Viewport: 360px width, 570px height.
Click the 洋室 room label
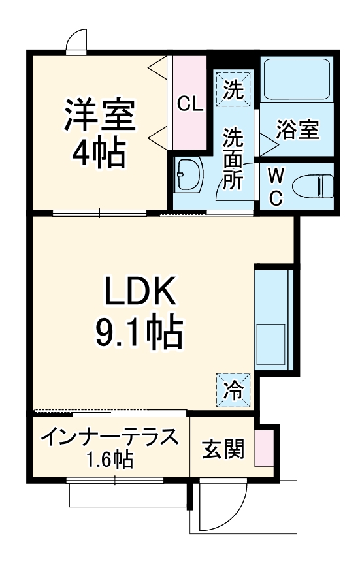pos(99,115)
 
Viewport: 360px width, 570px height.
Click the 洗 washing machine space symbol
pos(233,87)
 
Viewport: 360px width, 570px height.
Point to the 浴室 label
pos(297,130)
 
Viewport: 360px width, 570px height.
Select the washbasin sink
pos(189,175)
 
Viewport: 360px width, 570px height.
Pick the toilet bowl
pos(311,186)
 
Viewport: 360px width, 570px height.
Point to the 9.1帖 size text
pos(139,333)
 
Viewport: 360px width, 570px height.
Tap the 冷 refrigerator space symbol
pos(233,390)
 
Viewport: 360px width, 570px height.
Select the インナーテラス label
pos(109,437)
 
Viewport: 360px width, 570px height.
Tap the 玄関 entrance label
pos(223,449)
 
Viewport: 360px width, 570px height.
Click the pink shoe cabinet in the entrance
pos(264,448)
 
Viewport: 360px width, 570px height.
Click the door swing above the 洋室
pos(76,41)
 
